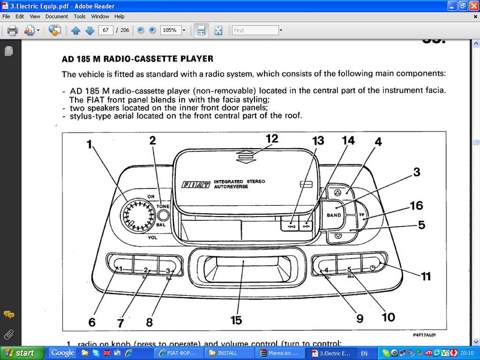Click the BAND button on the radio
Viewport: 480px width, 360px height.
click(334, 215)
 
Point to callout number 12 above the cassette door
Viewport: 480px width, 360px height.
click(272, 139)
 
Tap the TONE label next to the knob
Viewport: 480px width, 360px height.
click(163, 206)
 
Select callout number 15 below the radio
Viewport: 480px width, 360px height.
click(236, 320)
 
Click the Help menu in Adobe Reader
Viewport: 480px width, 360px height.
click(119, 16)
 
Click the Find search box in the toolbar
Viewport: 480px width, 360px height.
click(256, 30)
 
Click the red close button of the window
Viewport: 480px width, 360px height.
click(472, 5)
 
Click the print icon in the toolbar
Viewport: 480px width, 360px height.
click(12, 30)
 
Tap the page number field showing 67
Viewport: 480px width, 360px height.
click(106, 30)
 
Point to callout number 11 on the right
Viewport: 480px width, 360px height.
click(426, 277)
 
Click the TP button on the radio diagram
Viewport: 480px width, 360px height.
click(362, 214)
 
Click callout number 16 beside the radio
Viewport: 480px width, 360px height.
click(416, 206)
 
